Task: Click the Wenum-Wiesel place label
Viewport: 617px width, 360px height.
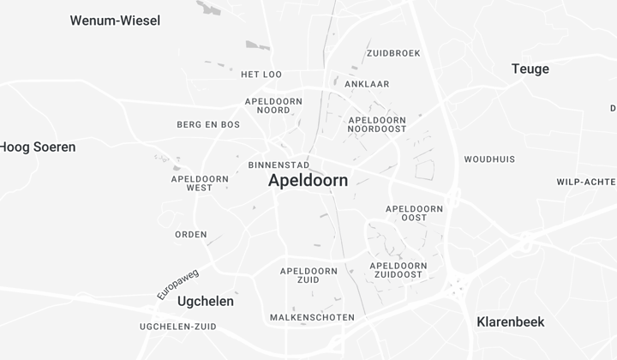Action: (x=115, y=21)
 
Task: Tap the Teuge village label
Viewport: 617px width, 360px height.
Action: (x=530, y=69)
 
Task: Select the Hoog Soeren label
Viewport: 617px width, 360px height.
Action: (x=38, y=147)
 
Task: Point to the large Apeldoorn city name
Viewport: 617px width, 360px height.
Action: (x=308, y=181)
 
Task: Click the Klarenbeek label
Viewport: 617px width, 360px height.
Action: (x=510, y=322)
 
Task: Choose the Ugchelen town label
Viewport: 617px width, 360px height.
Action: (x=205, y=302)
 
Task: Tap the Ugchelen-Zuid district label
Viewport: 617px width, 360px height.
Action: (x=177, y=327)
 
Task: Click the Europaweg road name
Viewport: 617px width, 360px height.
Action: (x=177, y=285)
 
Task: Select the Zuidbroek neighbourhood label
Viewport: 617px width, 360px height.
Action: (x=393, y=53)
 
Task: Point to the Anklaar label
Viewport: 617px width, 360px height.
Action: (x=367, y=84)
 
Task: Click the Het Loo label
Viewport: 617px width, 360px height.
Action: (x=261, y=75)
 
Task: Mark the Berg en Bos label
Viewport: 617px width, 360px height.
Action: (x=208, y=124)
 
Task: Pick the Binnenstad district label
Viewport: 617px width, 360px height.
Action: (x=279, y=165)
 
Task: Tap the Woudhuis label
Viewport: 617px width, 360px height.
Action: (x=489, y=159)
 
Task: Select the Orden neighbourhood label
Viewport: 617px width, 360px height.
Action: (x=191, y=234)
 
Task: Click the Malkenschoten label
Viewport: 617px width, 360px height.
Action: (x=311, y=317)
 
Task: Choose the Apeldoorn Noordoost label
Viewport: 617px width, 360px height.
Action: (x=377, y=125)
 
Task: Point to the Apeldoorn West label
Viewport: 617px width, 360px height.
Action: (x=200, y=183)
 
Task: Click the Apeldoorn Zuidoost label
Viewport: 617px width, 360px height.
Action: (x=398, y=270)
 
